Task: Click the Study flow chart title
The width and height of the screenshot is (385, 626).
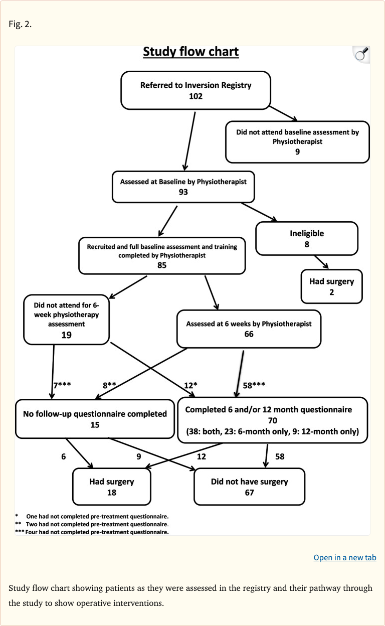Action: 190,52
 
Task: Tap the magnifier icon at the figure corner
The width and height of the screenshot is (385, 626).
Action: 361,54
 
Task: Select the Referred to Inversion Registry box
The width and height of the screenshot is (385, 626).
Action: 196,90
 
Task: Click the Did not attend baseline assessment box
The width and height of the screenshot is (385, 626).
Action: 297,141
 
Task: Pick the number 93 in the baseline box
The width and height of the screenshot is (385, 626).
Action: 183,192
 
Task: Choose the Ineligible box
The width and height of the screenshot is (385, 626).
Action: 307,238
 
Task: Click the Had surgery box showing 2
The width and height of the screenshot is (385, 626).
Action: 331,286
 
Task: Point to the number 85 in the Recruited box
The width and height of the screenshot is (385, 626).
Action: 161,265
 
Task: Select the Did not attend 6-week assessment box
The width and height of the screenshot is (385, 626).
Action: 66,319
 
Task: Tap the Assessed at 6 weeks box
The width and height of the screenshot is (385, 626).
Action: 249,329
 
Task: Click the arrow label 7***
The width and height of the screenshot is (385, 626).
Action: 62,385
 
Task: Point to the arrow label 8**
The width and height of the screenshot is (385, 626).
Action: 109,385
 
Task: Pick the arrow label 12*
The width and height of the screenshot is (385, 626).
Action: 190,385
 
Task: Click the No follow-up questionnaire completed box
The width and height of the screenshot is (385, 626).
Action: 95,419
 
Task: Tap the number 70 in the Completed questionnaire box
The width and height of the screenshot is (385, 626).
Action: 272,420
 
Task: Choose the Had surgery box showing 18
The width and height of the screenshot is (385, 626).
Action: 111,487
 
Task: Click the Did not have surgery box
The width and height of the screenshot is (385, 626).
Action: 249,487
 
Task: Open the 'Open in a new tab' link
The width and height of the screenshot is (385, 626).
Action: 344,557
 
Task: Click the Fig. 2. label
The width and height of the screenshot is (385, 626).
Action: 20,24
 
